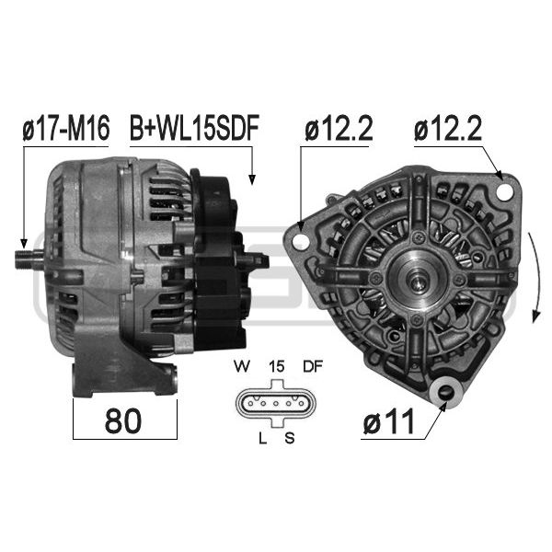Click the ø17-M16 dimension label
pos(66,128)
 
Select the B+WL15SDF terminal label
pos(194,128)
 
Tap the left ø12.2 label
pos(339,129)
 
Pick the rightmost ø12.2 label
pos(448,129)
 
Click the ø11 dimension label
pos(388,422)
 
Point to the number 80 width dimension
pos(123,421)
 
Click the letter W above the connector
pos(241,367)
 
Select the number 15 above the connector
pos(276,367)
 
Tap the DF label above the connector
pos(313,367)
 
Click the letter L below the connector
pos(262,438)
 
